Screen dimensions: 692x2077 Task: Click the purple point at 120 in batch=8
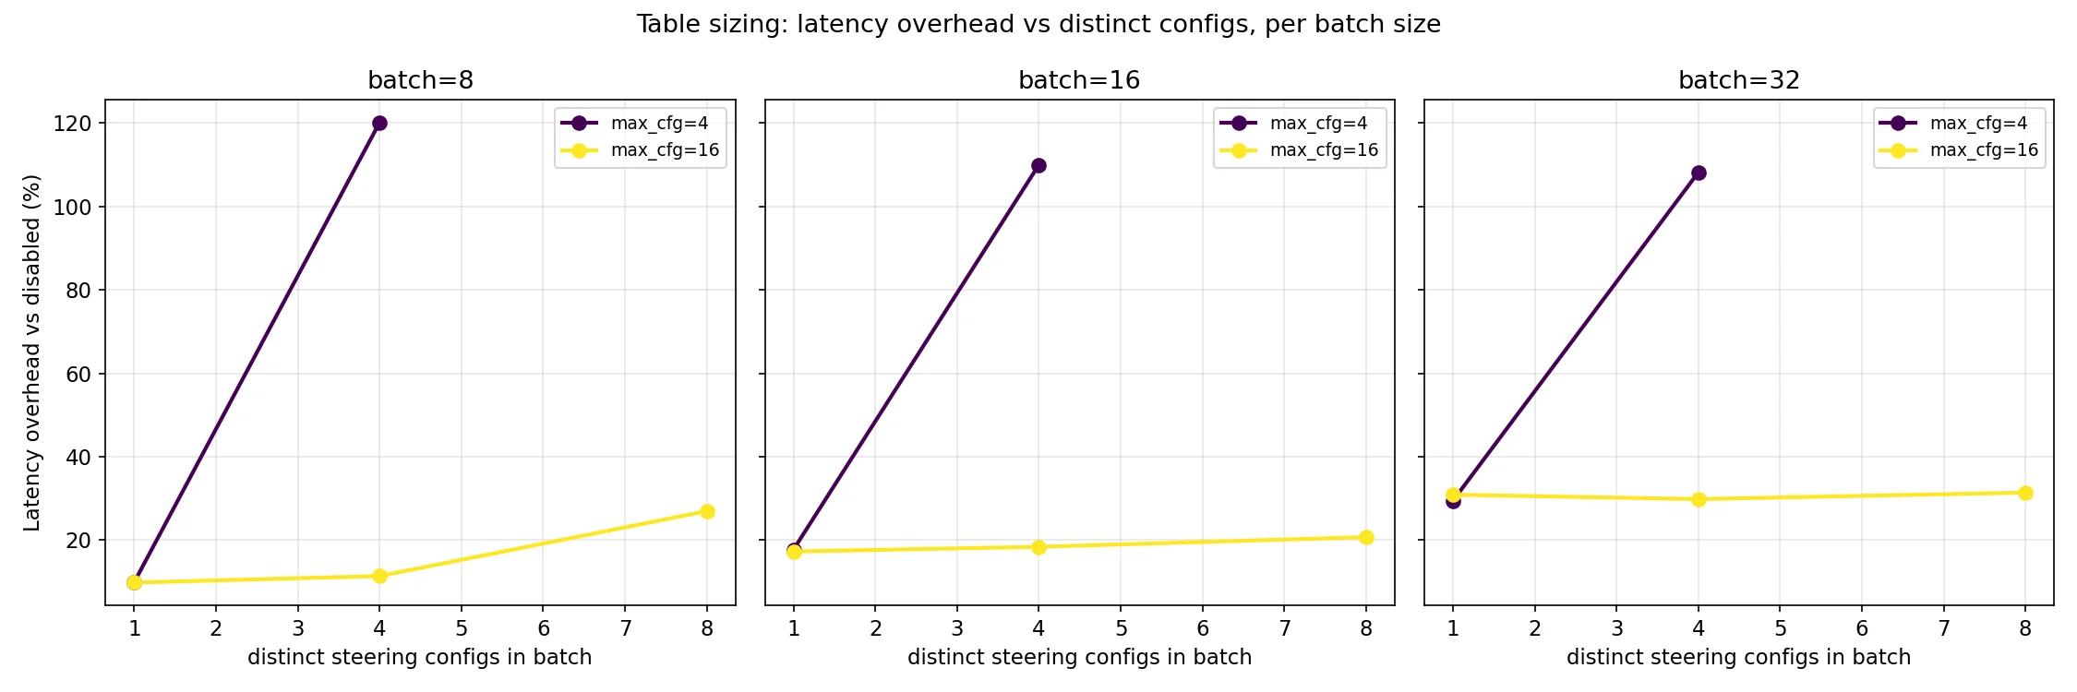pyautogui.click(x=379, y=124)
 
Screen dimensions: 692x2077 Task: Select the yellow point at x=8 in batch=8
pyautogui.click(x=707, y=511)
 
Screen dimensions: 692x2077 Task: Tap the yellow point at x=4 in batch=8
pyautogui.click(x=379, y=576)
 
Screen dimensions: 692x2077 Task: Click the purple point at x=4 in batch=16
pyautogui.click(x=1038, y=166)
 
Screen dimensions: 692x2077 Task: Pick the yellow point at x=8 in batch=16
pyautogui.click(x=1366, y=537)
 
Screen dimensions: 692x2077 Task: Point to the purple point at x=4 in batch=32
pyautogui.click(x=1699, y=173)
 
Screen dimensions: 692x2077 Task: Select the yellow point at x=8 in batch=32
pyautogui.click(x=2025, y=493)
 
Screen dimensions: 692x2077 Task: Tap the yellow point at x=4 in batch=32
pyautogui.click(x=1699, y=499)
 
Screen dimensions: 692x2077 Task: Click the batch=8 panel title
pyautogui.click(x=420, y=80)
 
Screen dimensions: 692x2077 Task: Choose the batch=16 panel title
pyautogui.click(x=1079, y=80)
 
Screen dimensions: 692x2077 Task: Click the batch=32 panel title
pyautogui.click(x=1739, y=80)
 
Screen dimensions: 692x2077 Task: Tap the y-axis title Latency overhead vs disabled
pyautogui.click(x=32, y=352)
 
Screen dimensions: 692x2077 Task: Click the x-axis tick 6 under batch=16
pyautogui.click(x=1203, y=628)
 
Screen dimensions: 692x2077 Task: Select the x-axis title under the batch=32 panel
pyautogui.click(x=1738, y=657)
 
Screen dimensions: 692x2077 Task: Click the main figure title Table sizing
pyautogui.click(x=1038, y=24)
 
